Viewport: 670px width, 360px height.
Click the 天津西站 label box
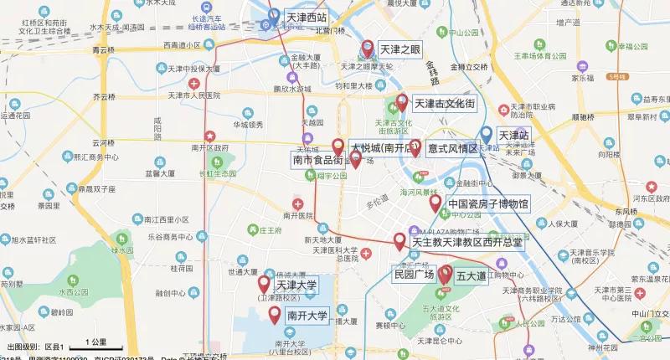[307, 17]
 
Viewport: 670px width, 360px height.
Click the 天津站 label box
[514, 135]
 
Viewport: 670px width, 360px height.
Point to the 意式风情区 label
[452, 149]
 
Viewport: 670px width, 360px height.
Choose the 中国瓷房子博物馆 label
[488, 203]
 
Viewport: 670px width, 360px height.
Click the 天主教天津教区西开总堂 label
[467, 242]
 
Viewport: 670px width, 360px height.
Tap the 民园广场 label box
[414, 274]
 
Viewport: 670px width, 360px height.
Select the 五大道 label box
[472, 275]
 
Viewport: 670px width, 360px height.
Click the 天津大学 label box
[297, 285]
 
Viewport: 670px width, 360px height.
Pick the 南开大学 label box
[307, 316]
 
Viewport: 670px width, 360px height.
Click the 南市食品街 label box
[317, 159]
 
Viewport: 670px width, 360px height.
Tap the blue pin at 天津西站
[274, 16]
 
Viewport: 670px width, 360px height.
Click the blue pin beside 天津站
[487, 134]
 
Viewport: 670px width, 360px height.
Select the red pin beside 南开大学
[274, 315]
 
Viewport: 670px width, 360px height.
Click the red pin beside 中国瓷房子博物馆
[435, 203]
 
